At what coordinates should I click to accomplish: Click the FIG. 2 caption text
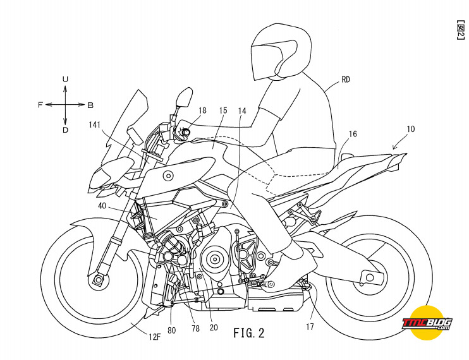pyautogui.click(x=249, y=332)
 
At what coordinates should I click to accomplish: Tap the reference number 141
pyautogui.click(x=95, y=124)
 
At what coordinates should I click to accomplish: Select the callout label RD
pyautogui.click(x=346, y=80)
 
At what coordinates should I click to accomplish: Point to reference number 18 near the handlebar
pyautogui.click(x=202, y=111)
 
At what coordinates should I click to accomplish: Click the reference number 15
pyautogui.click(x=223, y=111)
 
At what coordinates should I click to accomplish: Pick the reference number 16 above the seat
pyautogui.click(x=353, y=134)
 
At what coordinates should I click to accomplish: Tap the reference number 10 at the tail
pyautogui.click(x=411, y=129)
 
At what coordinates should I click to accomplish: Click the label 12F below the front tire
pyautogui.click(x=155, y=337)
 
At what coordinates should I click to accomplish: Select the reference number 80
pyautogui.click(x=172, y=330)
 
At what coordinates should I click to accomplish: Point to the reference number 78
pyautogui.click(x=195, y=328)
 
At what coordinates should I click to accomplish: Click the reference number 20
pyautogui.click(x=214, y=328)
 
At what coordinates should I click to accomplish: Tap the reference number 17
pyautogui.click(x=310, y=327)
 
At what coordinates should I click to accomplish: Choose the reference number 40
pyautogui.click(x=102, y=205)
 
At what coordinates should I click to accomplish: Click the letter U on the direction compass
pyautogui.click(x=65, y=79)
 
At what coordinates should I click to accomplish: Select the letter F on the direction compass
pyautogui.click(x=40, y=105)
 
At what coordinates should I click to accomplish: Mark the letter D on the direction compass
pyautogui.click(x=65, y=130)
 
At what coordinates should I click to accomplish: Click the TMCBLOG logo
pyautogui.click(x=427, y=323)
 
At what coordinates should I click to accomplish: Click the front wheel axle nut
pyautogui.click(x=97, y=280)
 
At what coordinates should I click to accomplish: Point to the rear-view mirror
pyautogui.click(x=184, y=97)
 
